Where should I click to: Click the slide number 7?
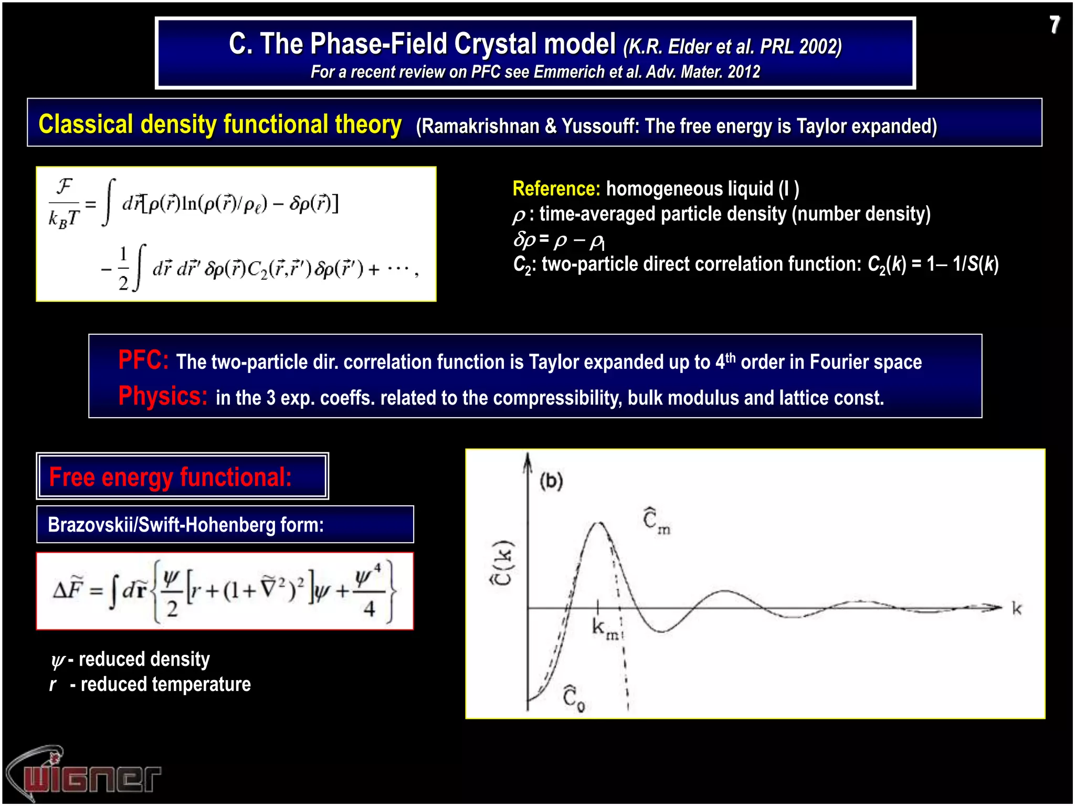tap(1054, 25)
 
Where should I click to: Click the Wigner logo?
tap(84, 775)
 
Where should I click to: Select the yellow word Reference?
tap(556, 189)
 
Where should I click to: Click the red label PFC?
tap(143, 360)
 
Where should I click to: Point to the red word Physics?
tap(163, 396)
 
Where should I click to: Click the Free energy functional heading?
tap(170, 477)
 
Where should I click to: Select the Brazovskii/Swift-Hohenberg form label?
tap(185, 525)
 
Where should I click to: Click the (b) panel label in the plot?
tap(551, 481)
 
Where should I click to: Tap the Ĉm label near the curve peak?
tap(656, 521)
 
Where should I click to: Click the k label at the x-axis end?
tap(1017, 609)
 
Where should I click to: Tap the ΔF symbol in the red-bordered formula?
tap(68, 590)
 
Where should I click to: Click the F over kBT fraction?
tap(64, 203)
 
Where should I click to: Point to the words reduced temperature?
tap(165, 684)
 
